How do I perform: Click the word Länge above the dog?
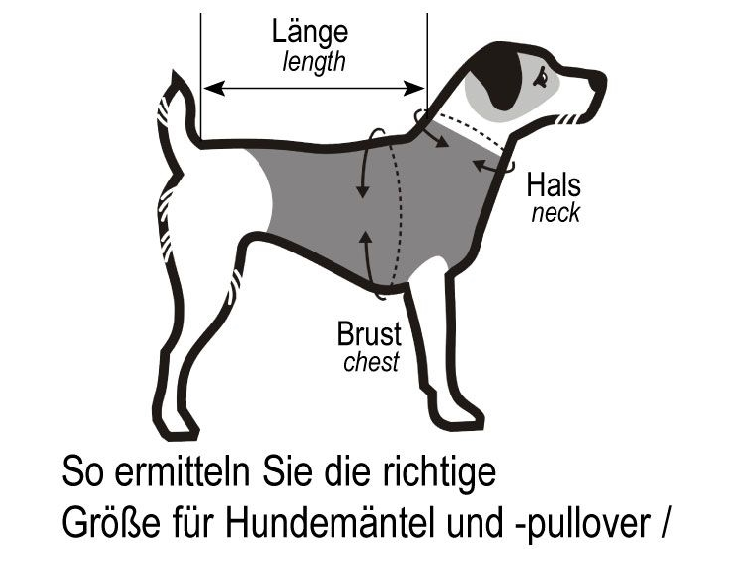(x=310, y=32)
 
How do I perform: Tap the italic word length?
(x=314, y=62)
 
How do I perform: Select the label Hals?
(x=554, y=184)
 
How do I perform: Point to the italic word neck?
(x=555, y=213)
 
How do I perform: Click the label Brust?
(x=369, y=334)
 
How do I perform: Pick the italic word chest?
(x=371, y=361)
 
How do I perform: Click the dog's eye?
(x=542, y=76)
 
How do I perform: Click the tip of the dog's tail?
(x=175, y=72)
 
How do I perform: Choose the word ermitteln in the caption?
(x=183, y=471)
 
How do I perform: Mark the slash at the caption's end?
(x=664, y=523)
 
